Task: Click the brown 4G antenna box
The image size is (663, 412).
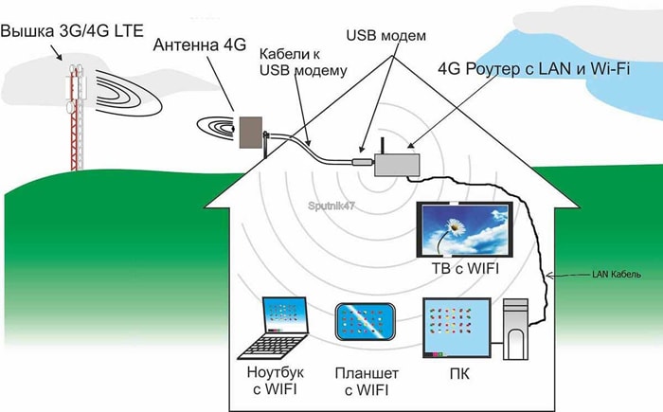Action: pos(251,133)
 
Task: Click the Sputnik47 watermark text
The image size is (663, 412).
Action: pos(331,204)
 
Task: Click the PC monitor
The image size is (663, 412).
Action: pos(456,327)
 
